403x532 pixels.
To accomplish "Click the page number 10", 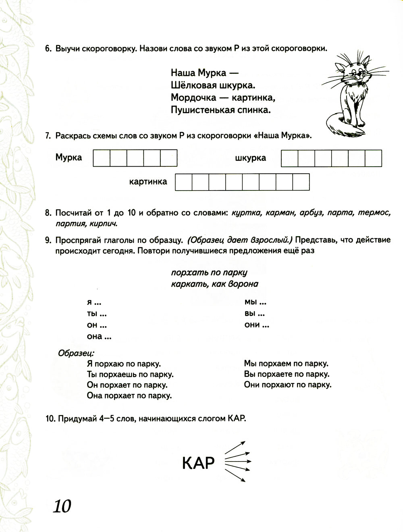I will coord(62,505).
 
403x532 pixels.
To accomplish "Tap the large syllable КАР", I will coord(198,463).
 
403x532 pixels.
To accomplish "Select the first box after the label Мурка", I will coord(101,158).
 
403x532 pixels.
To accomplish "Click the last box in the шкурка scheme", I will coord(373,158).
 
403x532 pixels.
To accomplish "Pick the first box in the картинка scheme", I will coord(183,182).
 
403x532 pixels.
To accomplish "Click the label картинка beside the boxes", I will coord(148,182).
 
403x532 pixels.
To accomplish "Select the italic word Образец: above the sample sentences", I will coord(76,353).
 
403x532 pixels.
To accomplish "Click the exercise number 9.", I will coord(48,240).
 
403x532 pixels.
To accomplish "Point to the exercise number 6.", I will coord(48,49).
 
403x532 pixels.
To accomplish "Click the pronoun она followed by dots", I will coord(99,337).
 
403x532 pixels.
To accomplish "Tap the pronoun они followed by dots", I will coord(256,325).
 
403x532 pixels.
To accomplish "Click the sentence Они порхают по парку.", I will coord(287,385).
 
